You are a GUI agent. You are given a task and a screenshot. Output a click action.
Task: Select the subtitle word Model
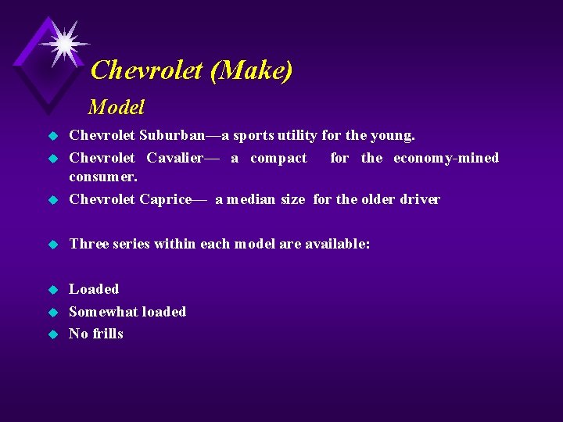point(117,106)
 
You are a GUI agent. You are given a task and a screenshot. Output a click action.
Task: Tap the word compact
point(278,158)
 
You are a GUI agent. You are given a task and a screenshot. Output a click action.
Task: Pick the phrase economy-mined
point(446,158)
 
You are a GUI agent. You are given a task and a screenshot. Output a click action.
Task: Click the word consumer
point(102,177)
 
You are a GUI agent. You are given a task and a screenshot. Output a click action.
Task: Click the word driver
point(420,199)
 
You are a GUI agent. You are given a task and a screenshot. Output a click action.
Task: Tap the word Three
point(88,244)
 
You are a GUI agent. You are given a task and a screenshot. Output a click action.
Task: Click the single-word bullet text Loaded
point(94,289)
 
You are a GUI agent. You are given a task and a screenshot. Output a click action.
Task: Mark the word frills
point(109,334)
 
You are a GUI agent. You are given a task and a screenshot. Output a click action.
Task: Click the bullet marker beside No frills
point(54,334)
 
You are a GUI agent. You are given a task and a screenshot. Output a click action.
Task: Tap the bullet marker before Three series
point(54,245)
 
